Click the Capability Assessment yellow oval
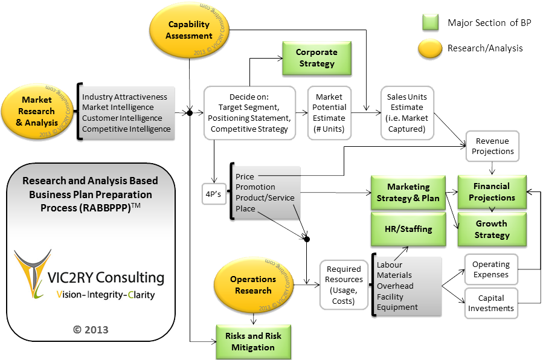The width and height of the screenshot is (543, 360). pos(189,30)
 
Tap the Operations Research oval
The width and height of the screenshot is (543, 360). pos(253,284)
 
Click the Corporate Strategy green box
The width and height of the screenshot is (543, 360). pos(316,58)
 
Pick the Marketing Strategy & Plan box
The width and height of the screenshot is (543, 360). pos(408,192)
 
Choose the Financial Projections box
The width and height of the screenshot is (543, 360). pos(491,191)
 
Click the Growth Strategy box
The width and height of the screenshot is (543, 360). pos(491,229)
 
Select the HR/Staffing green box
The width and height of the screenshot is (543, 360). pos(408,229)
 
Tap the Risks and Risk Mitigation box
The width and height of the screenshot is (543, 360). pos(253,341)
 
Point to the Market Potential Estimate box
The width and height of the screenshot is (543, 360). pos(329,113)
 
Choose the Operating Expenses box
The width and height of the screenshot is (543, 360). pos(490,269)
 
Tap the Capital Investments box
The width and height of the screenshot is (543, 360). pos(490,303)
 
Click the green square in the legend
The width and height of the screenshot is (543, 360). pos(430,23)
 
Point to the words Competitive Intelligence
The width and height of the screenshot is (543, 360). pos(126,129)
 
